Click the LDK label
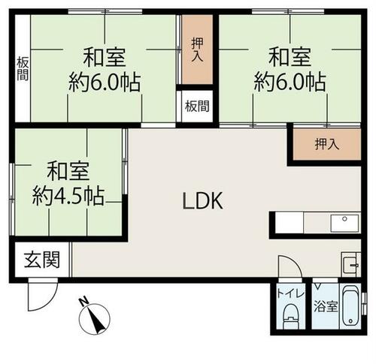pyautogui.click(x=202, y=201)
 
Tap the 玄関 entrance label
pyautogui.click(x=42, y=260)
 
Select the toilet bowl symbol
pyautogui.click(x=291, y=316)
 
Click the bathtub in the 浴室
pyautogui.click(x=351, y=306)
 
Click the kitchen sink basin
pyautogui.click(x=345, y=223)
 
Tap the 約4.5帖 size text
pyautogui.click(x=68, y=196)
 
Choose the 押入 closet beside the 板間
pyautogui.click(x=198, y=50)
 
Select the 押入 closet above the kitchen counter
pyautogui.click(x=327, y=144)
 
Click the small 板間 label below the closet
pyautogui.click(x=197, y=107)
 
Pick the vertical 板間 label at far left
pyautogui.click(x=23, y=69)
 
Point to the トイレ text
pyautogui.click(x=291, y=293)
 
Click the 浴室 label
pyautogui.click(x=326, y=306)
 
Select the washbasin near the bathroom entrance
pyautogui.click(x=351, y=264)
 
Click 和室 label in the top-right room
pyautogui.click(x=290, y=57)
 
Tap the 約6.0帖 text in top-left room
pyautogui.click(x=105, y=83)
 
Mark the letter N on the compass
pyautogui.click(x=83, y=300)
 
